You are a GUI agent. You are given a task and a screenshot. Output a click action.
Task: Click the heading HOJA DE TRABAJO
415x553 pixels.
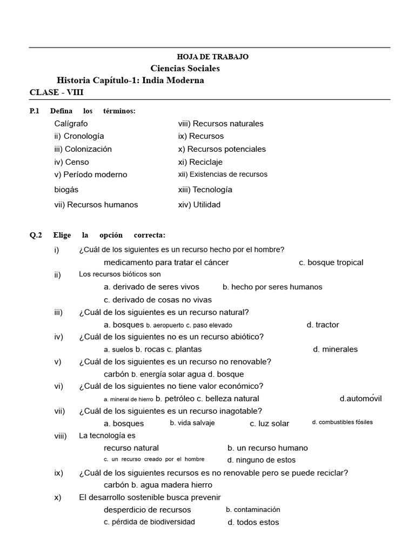click(213, 57)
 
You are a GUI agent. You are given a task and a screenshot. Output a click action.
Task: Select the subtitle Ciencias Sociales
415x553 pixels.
click(185, 69)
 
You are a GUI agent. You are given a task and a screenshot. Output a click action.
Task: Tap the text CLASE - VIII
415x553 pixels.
click(57, 92)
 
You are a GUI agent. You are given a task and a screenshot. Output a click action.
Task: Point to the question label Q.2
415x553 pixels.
click(36, 235)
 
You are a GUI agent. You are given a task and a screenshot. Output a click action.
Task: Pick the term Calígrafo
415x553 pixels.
click(71, 123)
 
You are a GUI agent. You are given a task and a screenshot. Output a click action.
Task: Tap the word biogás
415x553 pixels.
click(66, 190)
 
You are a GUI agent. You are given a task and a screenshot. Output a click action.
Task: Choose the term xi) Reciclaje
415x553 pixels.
click(200, 162)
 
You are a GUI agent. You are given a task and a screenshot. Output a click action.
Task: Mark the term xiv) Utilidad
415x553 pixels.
click(199, 205)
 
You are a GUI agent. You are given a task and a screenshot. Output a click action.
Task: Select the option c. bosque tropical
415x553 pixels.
click(331, 262)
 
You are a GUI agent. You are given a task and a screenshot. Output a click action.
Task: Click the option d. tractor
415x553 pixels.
click(323, 325)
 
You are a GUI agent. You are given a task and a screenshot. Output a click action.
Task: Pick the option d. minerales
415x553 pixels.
click(335, 349)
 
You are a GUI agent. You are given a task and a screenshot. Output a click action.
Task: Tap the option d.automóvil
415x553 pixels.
click(360, 399)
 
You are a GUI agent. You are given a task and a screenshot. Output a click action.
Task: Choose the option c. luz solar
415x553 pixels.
click(269, 424)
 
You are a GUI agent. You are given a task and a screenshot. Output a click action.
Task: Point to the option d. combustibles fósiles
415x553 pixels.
click(342, 422)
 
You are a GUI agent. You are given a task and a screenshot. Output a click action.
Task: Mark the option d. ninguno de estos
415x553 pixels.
click(261, 460)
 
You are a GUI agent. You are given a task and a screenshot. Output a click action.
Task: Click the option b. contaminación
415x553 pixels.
click(253, 509)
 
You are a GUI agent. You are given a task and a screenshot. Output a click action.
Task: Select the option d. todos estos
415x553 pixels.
click(253, 522)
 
